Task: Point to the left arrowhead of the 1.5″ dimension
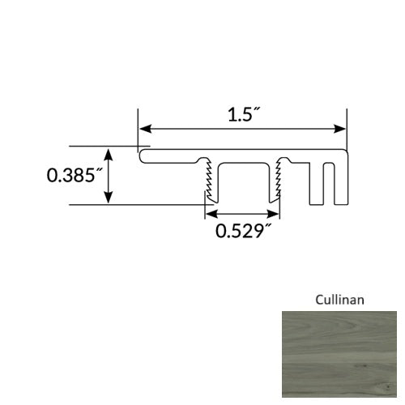144,129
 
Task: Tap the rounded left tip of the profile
141,156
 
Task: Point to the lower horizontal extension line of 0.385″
138,205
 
